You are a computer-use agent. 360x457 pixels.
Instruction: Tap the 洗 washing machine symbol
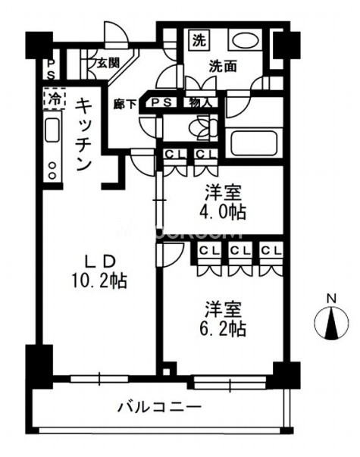[199, 39]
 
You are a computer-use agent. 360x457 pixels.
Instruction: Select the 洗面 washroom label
[224, 67]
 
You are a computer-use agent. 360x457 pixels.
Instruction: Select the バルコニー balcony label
[159, 407]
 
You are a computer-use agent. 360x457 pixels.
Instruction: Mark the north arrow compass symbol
[331, 324]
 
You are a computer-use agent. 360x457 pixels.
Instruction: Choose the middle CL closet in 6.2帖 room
[240, 250]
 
